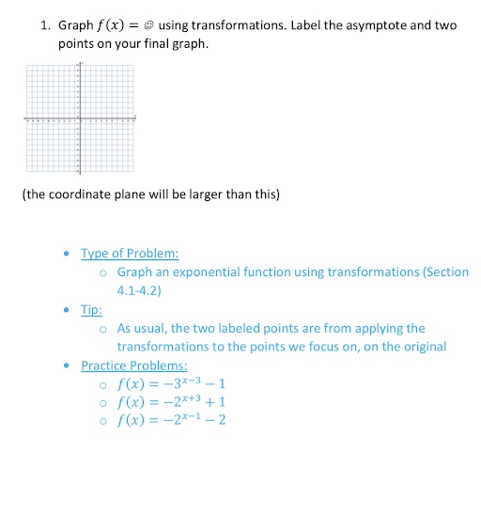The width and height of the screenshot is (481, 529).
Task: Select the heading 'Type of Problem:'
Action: pos(130,253)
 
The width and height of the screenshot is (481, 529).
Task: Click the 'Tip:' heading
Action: pos(91,309)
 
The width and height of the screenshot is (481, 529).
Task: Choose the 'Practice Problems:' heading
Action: pos(134,365)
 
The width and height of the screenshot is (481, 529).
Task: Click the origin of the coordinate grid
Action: pos(80,120)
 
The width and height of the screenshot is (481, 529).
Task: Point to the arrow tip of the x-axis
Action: pos(137,120)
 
